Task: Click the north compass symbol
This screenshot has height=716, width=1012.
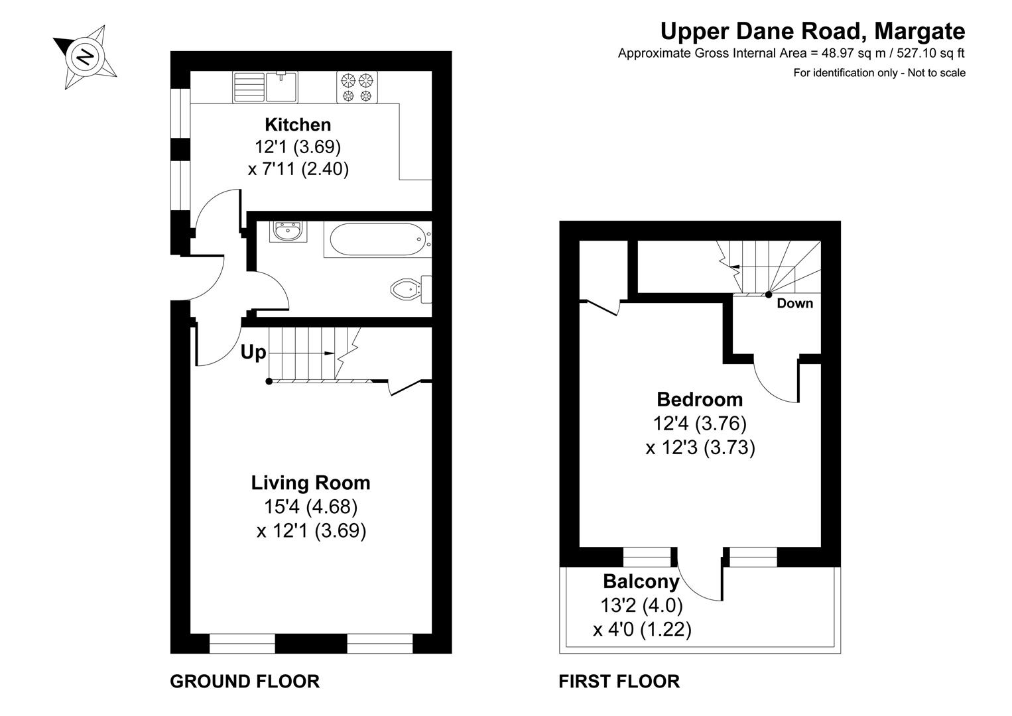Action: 85,56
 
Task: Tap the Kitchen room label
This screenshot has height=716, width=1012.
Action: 298,125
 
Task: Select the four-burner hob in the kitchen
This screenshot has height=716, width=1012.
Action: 357,88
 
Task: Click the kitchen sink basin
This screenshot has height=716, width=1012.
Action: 283,87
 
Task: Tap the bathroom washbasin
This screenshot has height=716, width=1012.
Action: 288,232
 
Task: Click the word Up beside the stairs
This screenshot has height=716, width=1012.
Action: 253,353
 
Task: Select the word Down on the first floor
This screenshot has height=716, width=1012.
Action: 794,304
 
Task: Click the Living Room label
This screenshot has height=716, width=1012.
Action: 310,483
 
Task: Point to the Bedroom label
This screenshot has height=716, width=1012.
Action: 700,399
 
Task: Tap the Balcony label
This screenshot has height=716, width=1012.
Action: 641,581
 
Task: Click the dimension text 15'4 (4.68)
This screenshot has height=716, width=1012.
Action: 310,507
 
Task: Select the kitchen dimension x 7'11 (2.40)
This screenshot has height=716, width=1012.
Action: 298,169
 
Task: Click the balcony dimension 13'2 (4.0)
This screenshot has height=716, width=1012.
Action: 641,605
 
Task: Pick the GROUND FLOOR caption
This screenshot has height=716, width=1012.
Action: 245,681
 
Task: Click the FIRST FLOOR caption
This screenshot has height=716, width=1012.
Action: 619,681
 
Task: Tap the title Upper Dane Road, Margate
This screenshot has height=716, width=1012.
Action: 812,30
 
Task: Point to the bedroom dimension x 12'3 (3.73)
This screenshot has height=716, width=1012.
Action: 700,448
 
